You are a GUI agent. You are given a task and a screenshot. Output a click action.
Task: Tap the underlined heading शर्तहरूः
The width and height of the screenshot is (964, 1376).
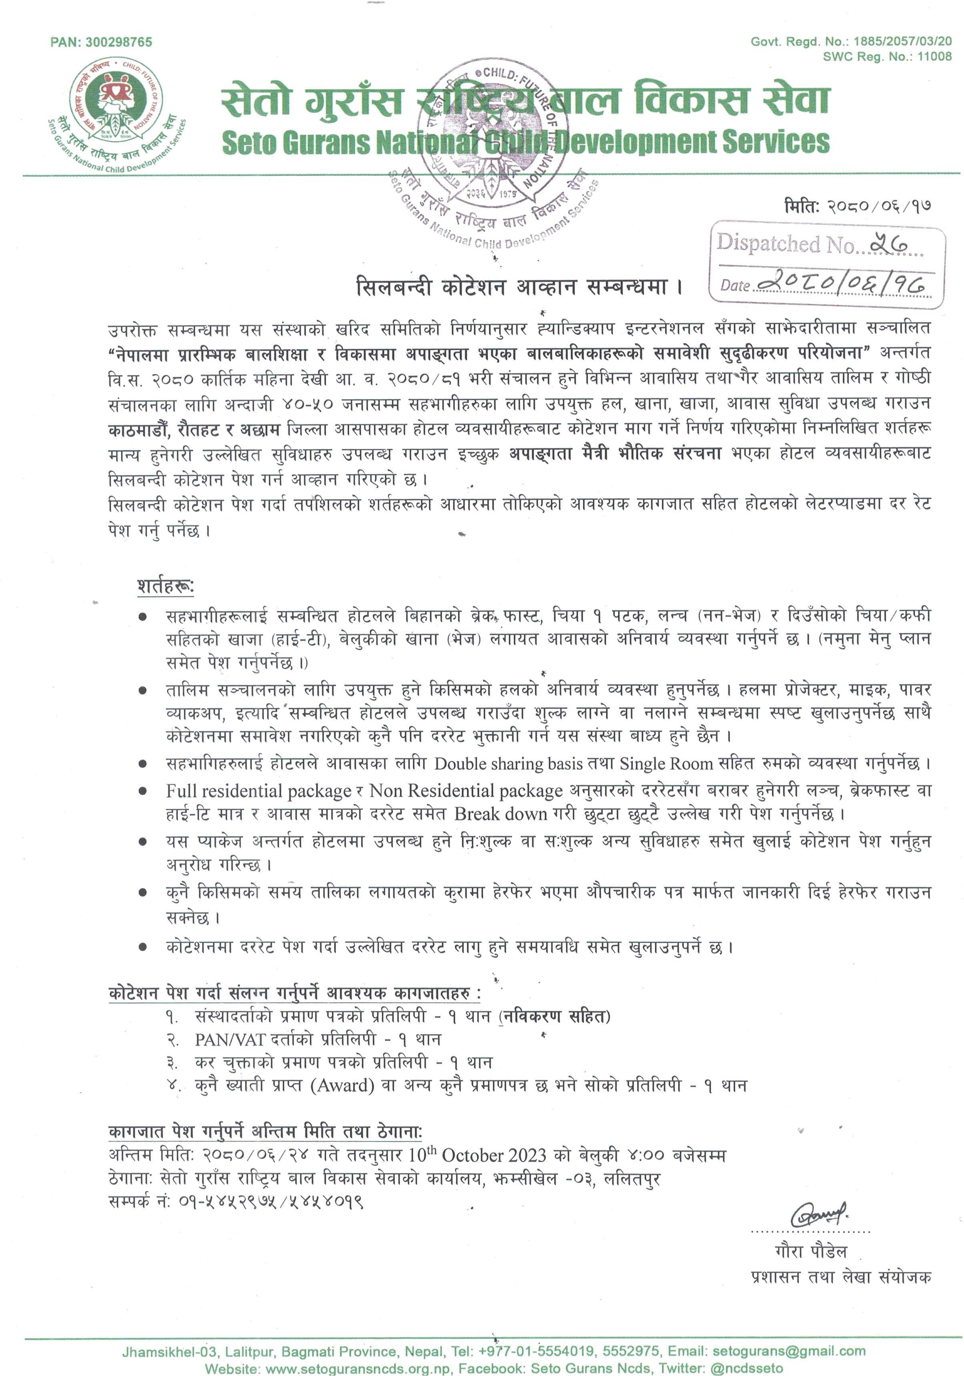tap(165, 587)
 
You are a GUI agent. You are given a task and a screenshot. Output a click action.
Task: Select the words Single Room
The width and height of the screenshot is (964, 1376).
tap(665, 763)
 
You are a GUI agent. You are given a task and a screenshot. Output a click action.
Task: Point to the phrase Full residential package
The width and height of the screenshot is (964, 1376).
tap(259, 791)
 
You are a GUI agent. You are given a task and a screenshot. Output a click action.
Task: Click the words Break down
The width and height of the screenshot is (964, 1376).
tap(516, 814)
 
